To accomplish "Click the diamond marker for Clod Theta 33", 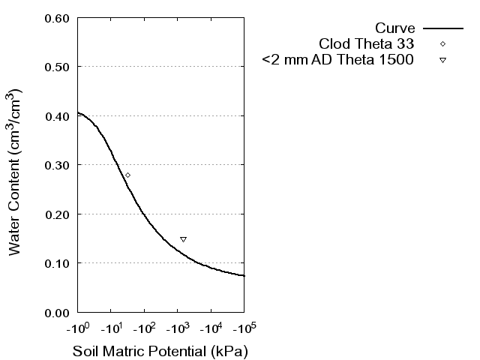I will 127,175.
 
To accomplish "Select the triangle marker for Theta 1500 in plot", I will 183,239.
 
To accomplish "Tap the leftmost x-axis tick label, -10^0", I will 77,328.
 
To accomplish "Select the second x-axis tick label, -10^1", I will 110,328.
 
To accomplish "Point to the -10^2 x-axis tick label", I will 144,328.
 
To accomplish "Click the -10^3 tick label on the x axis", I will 177,328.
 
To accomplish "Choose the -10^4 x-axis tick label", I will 211,328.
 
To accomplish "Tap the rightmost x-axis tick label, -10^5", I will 244,328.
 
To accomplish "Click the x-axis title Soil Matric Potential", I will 160,351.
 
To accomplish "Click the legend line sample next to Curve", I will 442,28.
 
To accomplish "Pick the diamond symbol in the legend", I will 442,43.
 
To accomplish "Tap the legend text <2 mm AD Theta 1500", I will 337,59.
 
